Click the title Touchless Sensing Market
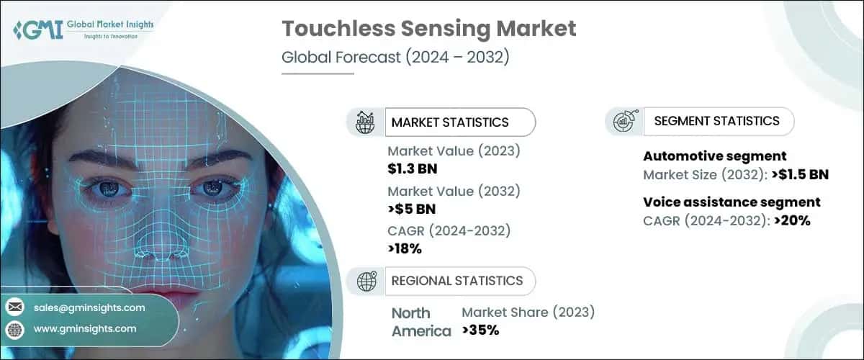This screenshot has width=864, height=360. pyautogui.click(x=429, y=29)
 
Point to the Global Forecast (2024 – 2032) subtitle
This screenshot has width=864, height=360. pyautogui.click(x=395, y=58)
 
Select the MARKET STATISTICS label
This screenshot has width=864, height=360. pyautogui.click(x=449, y=122)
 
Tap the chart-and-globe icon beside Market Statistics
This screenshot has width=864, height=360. pyautogui.click(x=366, y=122)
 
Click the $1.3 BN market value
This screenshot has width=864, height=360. pyautogui.click(x=413, y=169)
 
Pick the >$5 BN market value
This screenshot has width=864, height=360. pyautogui.click(x=411, y=210)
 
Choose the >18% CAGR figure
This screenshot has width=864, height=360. pyautogui.click(x=405, y=249)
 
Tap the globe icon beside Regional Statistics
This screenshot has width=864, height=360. pyautogui.click(x=366, y=281)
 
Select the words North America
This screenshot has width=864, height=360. pyautogui.click(x=421, y=322)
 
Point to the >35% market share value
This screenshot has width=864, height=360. pyautogui.click(x=480, y=330)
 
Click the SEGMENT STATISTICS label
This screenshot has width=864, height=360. pyautogui.click(x=716, y=121)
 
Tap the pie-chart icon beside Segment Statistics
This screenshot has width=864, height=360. pyautogui.click(x=624, y=121)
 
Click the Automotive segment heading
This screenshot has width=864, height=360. pyautogui.click(x=714, y=156)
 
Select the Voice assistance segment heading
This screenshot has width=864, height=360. pyautogui.click(x=732, y=202)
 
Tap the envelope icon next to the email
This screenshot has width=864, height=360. pyautogui.click(x=14, y=307)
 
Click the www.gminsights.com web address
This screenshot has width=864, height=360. pyautogui.click(x=85, y=329)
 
